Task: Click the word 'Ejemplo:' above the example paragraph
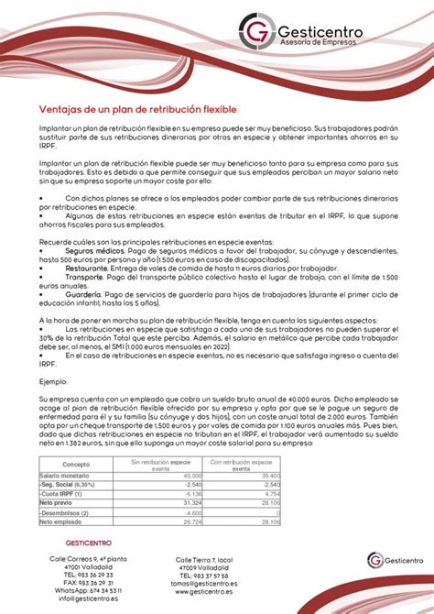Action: click(x=53, y=380)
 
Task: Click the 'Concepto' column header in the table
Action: click(x=75, y=466)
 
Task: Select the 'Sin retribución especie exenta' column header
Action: click(x=167, y=466)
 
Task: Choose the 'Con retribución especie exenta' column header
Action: click(x=244, y=466)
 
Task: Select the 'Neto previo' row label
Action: click(x=57, y=503)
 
